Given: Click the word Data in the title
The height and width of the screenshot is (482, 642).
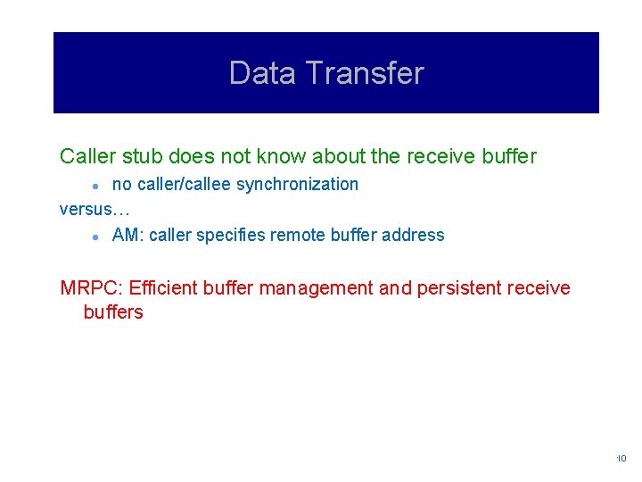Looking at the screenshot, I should (x=259, y=73).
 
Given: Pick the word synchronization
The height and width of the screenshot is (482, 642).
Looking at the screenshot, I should (x=297, y=185).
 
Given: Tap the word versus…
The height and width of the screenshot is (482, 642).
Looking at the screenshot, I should (x=95, y=209).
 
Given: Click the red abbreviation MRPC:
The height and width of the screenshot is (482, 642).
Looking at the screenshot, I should (x=91, y=288).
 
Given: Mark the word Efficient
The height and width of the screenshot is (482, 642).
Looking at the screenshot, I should (x=163, y=288).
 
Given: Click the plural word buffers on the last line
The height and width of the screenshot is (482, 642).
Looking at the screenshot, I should (x=113, y=312).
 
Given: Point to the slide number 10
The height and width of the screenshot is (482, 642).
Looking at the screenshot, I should (x=621, y=459).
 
